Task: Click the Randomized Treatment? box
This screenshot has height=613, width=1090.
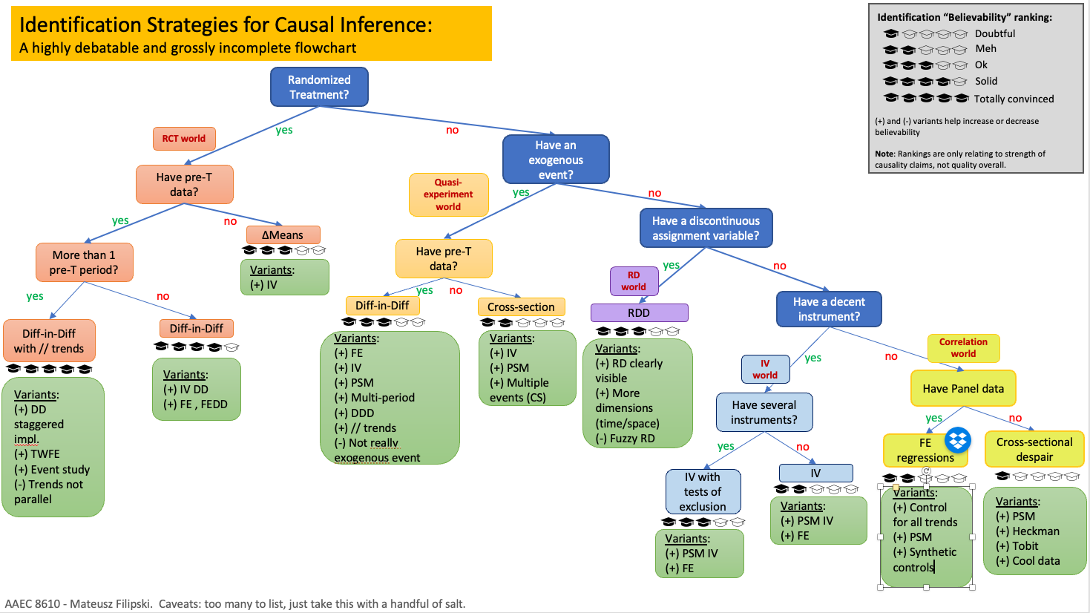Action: [x=319, y=87]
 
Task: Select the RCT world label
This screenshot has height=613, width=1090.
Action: [x=184, y=139]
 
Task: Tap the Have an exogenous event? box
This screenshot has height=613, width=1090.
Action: [x=556, y=160]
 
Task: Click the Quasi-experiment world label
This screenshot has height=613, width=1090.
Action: [x=448, y=194]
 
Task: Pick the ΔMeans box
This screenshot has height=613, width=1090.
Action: [x=283, y=235]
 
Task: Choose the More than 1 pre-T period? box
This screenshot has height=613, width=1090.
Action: [x=84, y=263]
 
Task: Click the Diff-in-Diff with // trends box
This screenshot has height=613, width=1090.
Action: [x=49, y=341]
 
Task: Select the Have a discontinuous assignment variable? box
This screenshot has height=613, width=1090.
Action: [x=706, y=228]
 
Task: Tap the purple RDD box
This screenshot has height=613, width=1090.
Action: [x=639, y=312]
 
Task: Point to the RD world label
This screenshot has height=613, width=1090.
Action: [x=634, y=281]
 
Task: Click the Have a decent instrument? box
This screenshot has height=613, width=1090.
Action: [x=829, y=309]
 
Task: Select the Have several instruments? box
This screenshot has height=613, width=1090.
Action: [x=764, y=412]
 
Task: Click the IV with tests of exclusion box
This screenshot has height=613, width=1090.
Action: [x=703, y=491]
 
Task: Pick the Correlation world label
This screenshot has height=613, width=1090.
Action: [x=963, y=348]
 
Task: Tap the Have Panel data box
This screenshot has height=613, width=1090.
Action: [x=963, y=388]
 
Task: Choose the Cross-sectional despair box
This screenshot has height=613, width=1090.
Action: [x=1034, y=449]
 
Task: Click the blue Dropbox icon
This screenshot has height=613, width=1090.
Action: [x=958, y=440]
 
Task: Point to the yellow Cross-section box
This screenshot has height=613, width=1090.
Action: [x=521, y=306]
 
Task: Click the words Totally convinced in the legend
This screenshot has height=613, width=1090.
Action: [x=1014, y=99]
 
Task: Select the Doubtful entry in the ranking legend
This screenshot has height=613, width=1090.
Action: [x=995, y=33]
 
